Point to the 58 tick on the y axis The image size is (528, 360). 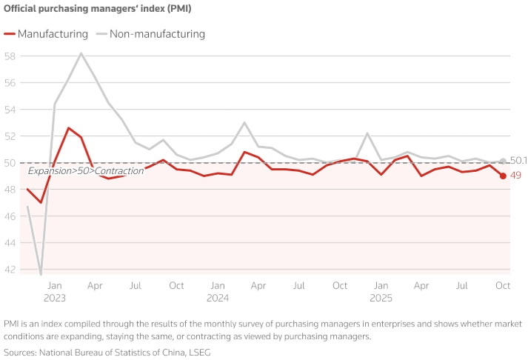10,56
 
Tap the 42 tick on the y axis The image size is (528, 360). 10,270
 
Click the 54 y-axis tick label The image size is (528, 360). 10,110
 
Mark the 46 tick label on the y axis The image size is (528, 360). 10,216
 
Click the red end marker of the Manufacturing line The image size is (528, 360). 503,176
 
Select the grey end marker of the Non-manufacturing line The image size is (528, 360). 503,161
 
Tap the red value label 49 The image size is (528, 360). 516,176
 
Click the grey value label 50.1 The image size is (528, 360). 518,161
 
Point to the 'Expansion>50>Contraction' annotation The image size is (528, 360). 86,171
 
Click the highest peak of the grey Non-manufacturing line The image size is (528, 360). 81,53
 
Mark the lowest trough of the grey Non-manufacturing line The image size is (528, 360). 41,274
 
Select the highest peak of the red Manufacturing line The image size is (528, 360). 68,128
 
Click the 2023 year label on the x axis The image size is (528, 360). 54,298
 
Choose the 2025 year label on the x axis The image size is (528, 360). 381,298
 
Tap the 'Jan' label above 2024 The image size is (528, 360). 217,285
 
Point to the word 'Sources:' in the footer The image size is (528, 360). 23,353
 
